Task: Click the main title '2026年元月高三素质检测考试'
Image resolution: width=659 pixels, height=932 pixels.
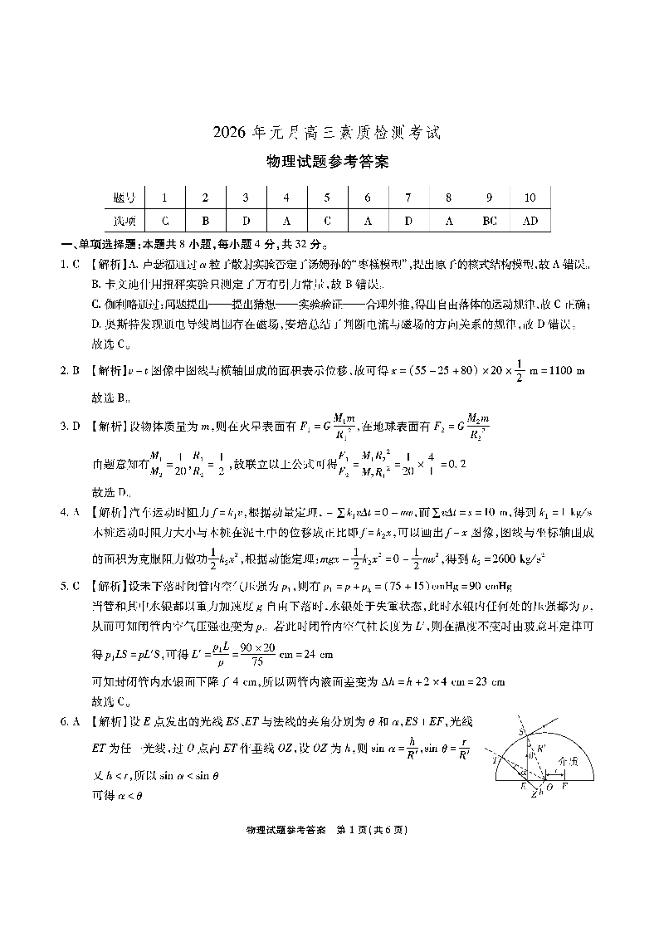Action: (x=329, y=132)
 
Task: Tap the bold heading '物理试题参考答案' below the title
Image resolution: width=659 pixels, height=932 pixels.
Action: (x=329, y=163)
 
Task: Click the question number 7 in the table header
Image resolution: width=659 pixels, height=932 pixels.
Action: (x=408, y=198)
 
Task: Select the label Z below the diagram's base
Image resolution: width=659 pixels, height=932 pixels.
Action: (x=535, y=795)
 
